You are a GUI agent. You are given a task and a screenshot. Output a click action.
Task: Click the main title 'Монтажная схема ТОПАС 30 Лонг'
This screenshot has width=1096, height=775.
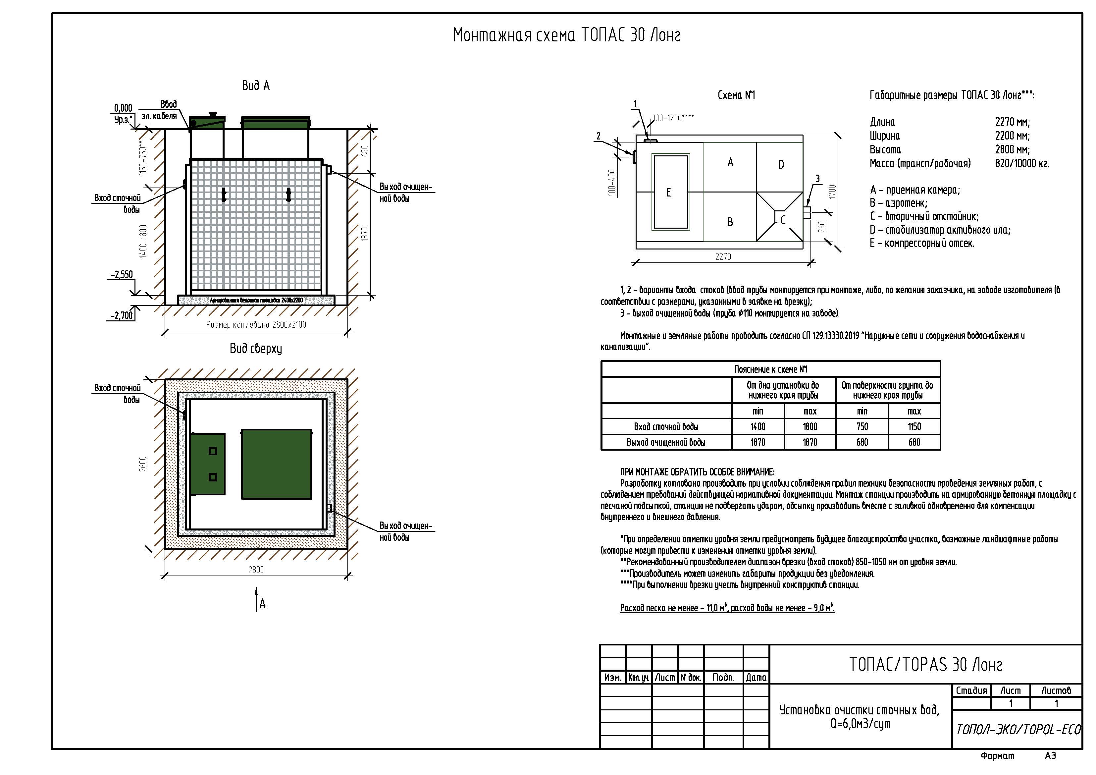567,35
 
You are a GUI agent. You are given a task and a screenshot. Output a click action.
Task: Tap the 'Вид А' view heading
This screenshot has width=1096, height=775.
256,85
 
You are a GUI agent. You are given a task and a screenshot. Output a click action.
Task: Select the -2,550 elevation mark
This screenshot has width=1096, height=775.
122,275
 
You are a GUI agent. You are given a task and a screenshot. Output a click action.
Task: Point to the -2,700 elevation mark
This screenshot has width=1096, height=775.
122,316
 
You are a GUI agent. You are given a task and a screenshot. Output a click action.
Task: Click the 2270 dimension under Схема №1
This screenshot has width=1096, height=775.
723,257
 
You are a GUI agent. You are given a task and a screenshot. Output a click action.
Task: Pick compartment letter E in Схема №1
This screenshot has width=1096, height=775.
668,193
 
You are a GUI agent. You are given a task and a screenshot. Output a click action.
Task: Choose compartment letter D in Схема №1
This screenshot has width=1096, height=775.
781,165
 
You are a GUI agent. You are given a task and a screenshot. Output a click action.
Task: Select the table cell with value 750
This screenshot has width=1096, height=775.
862,427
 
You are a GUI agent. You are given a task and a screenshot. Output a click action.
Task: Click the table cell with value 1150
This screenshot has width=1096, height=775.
914,427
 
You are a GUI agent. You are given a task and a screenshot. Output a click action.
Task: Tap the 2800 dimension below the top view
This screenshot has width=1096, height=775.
256,570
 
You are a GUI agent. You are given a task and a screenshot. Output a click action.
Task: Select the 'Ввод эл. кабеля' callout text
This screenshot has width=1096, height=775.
159,110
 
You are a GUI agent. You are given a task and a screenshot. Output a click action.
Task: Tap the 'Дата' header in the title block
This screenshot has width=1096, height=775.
756,678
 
